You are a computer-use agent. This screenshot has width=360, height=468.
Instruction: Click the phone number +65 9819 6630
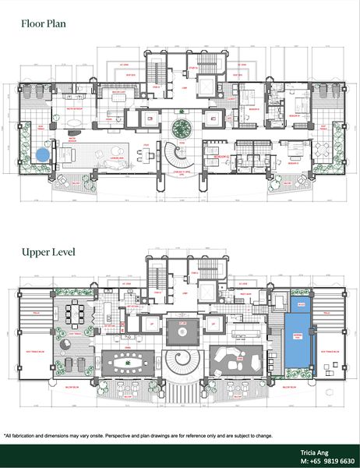point(326,460)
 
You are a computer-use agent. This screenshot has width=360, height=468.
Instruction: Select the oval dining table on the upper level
point(128,362)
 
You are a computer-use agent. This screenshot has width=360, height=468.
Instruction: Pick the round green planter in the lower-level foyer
point(181,128)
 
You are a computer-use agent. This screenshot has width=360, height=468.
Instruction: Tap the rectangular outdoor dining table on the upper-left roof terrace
point(75,314)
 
